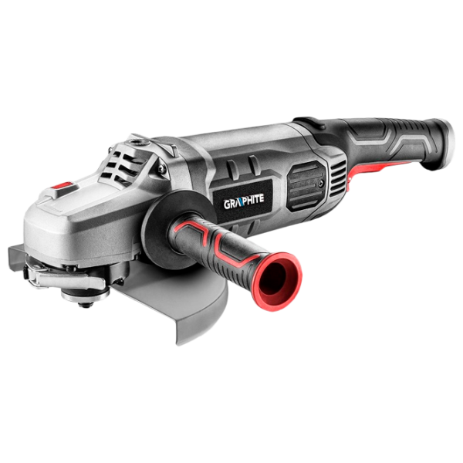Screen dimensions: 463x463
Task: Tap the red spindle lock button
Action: [x=63, y=186]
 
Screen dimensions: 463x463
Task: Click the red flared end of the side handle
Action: [x=277, y=281]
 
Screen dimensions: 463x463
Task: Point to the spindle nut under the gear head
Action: [x=86, y=296]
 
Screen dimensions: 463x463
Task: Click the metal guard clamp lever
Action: [x=64, y=277]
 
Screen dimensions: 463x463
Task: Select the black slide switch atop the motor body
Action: [x=310, y=123]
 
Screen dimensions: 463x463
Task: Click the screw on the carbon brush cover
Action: [x=321, y=184]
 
